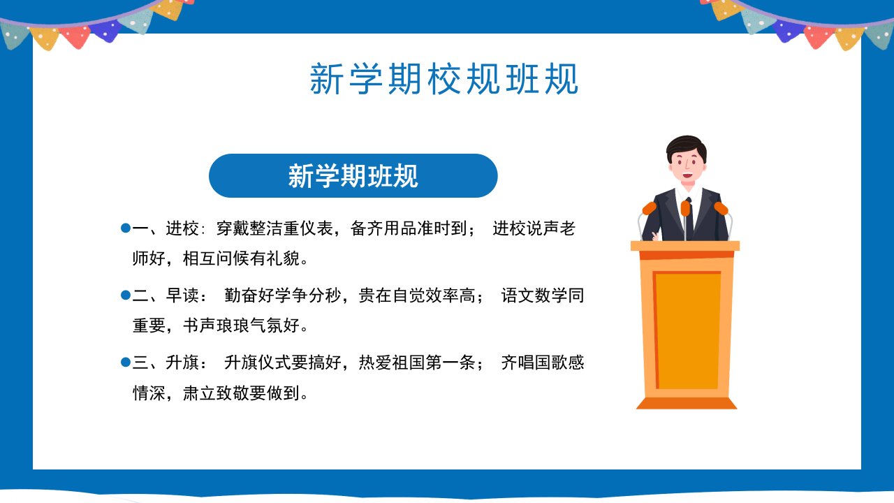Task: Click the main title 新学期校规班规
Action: (x=444, y=79)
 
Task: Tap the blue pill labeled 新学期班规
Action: (x=353, y=175)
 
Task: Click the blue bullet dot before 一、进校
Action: (x=126, y=228)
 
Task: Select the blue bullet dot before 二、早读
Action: (x=126, y=295)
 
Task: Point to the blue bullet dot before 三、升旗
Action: (x=126, y=362)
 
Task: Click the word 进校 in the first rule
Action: (x=182, y=228)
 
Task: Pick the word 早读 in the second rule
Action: (x=182, y=296)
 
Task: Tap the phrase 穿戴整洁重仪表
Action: (x=274, y=228)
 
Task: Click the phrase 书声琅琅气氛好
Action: (x=241, y=326)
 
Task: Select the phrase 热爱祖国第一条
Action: (x=417, y=363)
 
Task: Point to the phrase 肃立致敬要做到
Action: (x=241, y=393)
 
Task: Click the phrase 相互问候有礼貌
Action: (x=241, y=258)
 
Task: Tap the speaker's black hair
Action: (x=686, y=147)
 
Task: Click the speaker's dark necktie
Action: (x=689, y=219)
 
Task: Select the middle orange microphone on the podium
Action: (x=685, y=208)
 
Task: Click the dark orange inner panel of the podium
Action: (x=687, y=330)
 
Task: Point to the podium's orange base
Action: (x=687, y=403)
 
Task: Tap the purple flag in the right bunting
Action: (x=788, y=31)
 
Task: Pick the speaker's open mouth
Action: (x=687, y=175)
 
